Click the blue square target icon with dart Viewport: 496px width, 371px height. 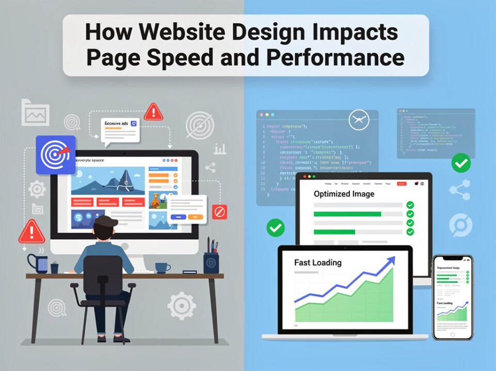(x=55, y=154)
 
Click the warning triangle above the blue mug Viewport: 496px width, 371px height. (x=32, y=231)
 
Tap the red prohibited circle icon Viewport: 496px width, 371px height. (x=219, y=211)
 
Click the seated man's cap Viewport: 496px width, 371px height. (x=106, y=222)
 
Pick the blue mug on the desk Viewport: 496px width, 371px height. (x=39, y=263)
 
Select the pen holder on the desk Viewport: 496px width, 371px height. (x=210, y=261)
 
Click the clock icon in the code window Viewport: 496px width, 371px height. (x=360, y=120)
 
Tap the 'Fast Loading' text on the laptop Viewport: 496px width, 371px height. (x=317, y=262)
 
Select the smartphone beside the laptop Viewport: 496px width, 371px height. (x=453, y=297)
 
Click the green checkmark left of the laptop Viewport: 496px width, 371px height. (x=275, y=227)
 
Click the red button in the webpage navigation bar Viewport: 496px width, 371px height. (x=401, y=183)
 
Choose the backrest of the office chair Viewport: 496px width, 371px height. (x=103, y=274)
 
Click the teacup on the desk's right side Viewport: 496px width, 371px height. (x=163, y=267)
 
